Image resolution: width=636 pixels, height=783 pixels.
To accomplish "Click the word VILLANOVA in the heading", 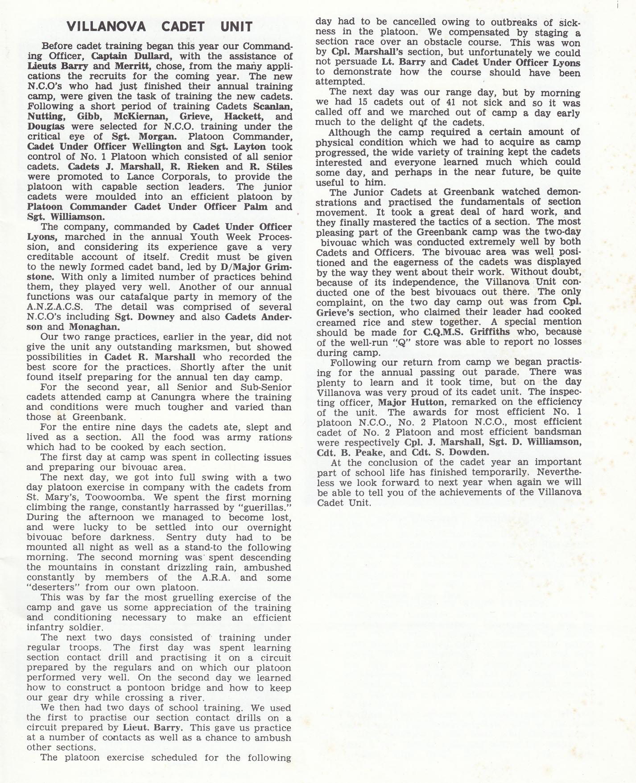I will pos(106,27).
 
